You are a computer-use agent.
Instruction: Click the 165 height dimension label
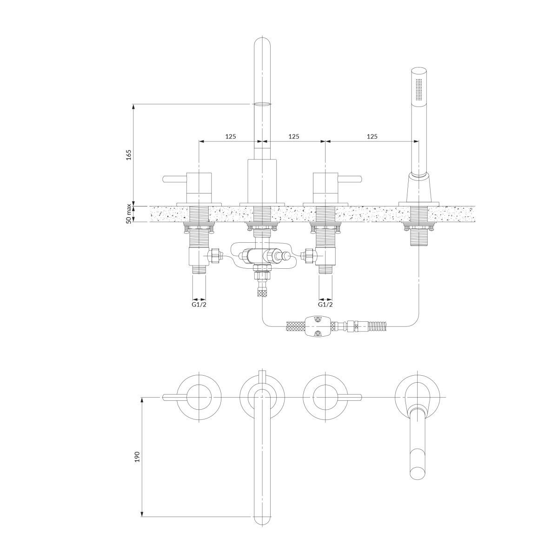(128, 155)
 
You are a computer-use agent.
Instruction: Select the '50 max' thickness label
(128, 214)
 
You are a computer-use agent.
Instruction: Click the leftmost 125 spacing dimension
(231, 136)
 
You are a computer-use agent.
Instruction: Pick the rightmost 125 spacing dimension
(372, 136)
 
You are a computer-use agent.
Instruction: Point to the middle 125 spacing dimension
(294, 136)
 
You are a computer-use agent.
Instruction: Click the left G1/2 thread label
(199, 305)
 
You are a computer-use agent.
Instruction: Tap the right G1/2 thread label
(325, 305)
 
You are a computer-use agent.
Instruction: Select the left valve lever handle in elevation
(175, 179)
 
